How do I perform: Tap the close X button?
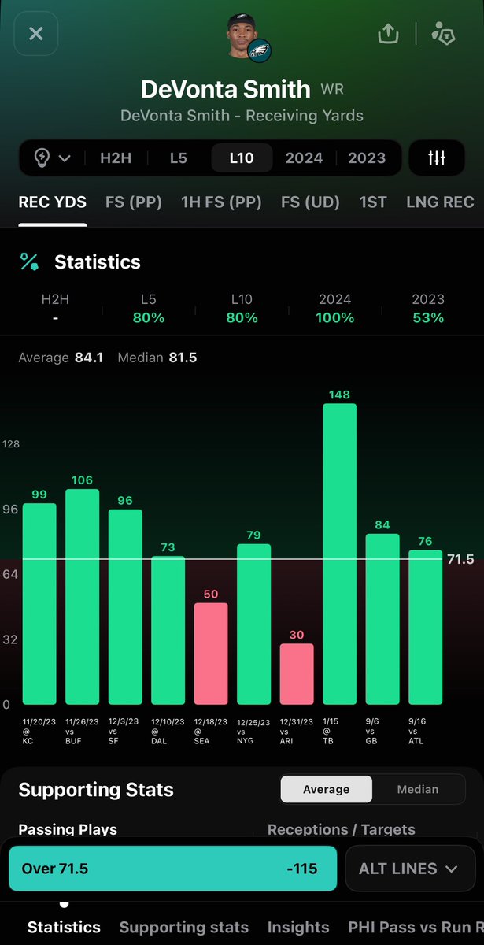pos(36,33)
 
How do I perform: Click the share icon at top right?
pos(388,33)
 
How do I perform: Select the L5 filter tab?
pos(179,158)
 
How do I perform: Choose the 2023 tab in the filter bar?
pos(367,158)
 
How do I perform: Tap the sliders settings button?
pos(437,157)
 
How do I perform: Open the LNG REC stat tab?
pos(440,202)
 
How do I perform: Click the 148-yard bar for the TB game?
pos(339,554)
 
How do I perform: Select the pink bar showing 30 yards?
pos(297,674)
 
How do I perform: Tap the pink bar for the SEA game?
pos(211,654)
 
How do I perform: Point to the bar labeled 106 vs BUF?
pos(82,597)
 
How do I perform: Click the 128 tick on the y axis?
pos(11,444)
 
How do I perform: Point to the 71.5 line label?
pos(460,559)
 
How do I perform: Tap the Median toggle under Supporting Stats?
pos(418,789)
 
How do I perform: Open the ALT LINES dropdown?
pos(410,869)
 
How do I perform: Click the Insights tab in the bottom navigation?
pos(298,928)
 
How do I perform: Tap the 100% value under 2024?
pos(335,317)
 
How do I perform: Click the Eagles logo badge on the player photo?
pos(259,51)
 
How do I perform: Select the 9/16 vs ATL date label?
pos(416,731)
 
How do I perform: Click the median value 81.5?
pos(183,358)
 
